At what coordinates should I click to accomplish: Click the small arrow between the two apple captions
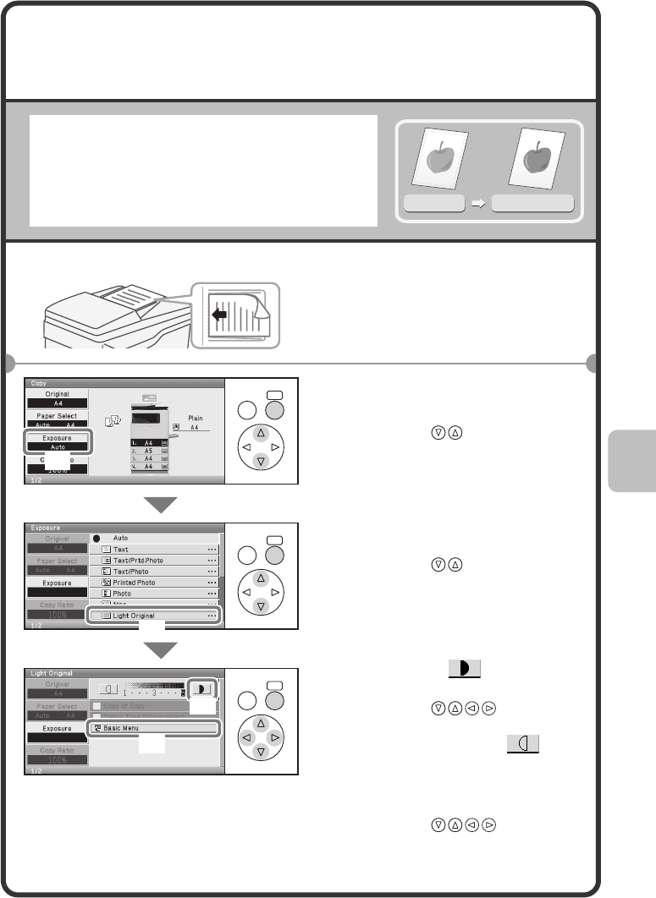478,204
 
